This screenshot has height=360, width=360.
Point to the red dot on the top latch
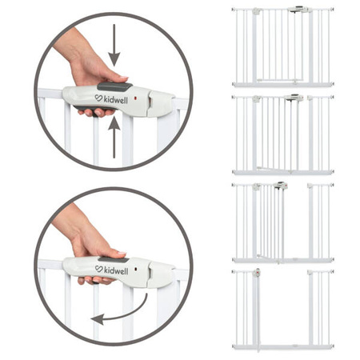pyautogui.click(x=137, y=98)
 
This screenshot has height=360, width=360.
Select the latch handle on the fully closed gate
pyautogui.click(x=298, y=10)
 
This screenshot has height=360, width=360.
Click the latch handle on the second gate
pyautogui.click(x=293, y=97)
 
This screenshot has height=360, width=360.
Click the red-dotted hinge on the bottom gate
pyautogui.click(x=257, y=272)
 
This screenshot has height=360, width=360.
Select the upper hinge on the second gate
pyautogui.click(x=257, y=98)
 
